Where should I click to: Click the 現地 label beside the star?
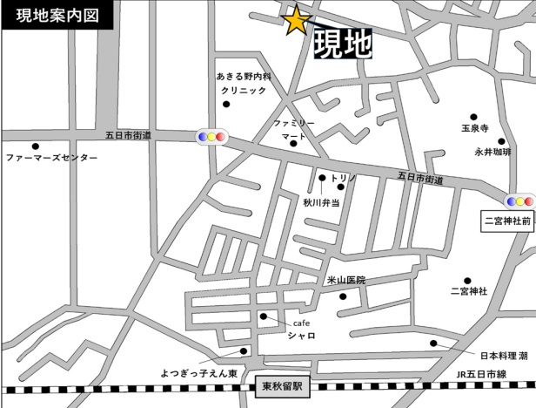(x=342, y=44)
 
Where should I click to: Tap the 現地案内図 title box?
(x=46, y=15)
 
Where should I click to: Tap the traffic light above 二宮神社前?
(x=520, y=201)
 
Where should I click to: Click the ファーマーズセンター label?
(x=52, y=159)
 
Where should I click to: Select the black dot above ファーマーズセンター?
(x=36, y=146)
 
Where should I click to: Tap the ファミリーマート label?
(x=292, y=131)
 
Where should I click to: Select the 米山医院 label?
(x=345, y=280)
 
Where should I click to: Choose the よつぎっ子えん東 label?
(x=198, y=373)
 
